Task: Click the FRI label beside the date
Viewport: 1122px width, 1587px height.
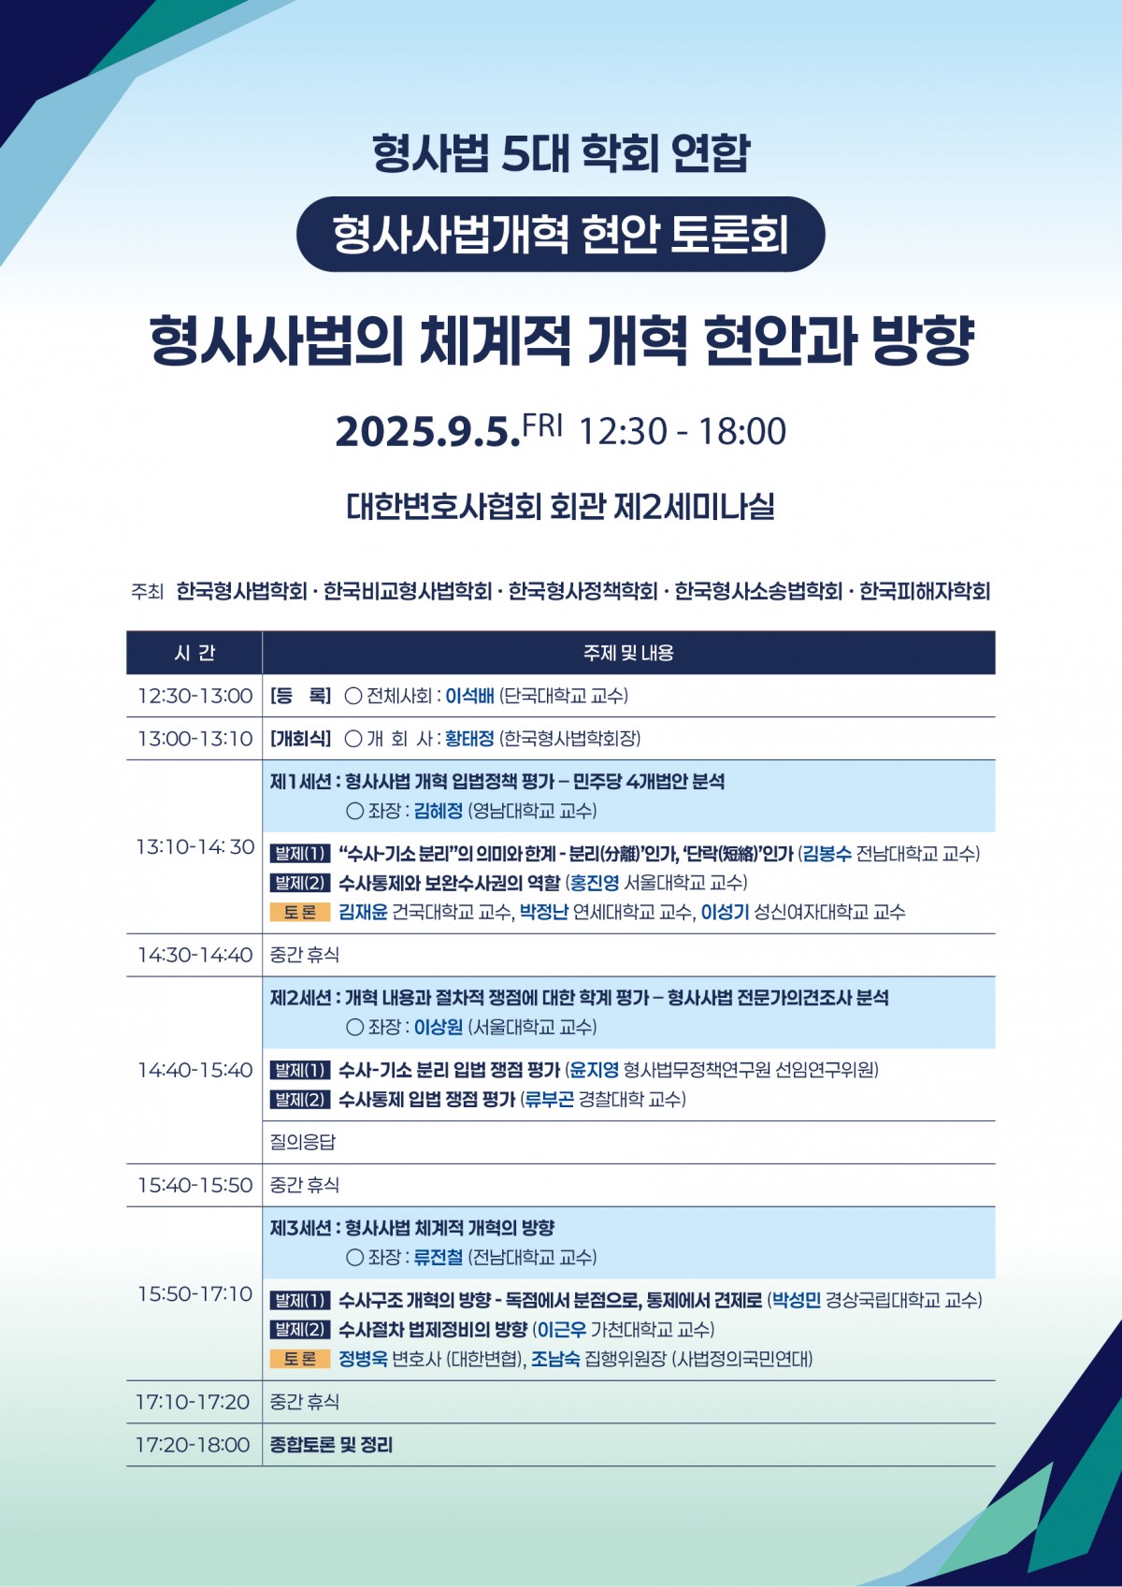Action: [x=542, y=426]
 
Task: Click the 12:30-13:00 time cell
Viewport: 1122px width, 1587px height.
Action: [x=194, y=696]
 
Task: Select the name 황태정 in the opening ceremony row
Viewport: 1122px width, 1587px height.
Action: [x=469, y=739]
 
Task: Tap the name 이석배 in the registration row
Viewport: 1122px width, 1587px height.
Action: [x=469, y=696]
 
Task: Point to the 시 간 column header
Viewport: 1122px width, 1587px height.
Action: [x=194, y=653]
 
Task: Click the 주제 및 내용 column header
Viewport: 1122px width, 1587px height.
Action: [x=628, y=653]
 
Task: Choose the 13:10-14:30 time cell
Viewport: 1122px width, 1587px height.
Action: [x=194, y=846]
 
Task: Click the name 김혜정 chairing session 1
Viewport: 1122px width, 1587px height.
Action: [x=439, y=811]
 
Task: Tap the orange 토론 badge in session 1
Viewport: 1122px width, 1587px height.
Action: [x=300, y=912]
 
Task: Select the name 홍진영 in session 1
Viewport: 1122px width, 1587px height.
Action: [x=595, y=883]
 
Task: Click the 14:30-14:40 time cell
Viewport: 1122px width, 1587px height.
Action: [x=194, y=955]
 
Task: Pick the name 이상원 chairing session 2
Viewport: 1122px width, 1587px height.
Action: [x=439, y=1027]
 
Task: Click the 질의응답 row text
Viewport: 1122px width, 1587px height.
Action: [x=302, y=1142]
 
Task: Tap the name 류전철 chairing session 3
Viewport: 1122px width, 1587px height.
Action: [x=439, y=1257]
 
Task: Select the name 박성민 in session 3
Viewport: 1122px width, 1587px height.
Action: [x=797, y=1300]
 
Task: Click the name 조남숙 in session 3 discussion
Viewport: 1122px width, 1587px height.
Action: [x=556, y=1358]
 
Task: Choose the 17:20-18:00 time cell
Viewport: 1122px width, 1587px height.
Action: [x=193, y=1445]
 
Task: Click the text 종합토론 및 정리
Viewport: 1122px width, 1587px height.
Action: [x=332, y=1445]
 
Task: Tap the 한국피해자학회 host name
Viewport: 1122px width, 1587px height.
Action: [x=925, y=591]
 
